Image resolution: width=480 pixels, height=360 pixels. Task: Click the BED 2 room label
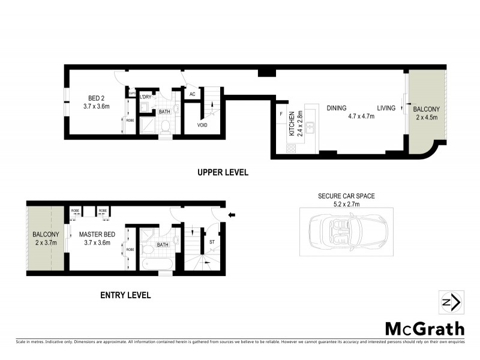97,98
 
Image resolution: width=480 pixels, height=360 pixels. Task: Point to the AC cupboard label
193,94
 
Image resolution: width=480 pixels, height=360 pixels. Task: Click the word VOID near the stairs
203,125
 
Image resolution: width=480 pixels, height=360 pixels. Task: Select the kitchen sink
310,127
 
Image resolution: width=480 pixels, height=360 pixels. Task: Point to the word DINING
337,108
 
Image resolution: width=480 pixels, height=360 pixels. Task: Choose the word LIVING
386,108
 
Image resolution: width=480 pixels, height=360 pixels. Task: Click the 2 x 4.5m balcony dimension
426,117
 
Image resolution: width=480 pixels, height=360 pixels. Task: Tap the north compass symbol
450,302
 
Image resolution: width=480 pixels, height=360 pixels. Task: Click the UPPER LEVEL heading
223,172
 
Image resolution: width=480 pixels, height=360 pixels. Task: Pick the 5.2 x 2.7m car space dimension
343,204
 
